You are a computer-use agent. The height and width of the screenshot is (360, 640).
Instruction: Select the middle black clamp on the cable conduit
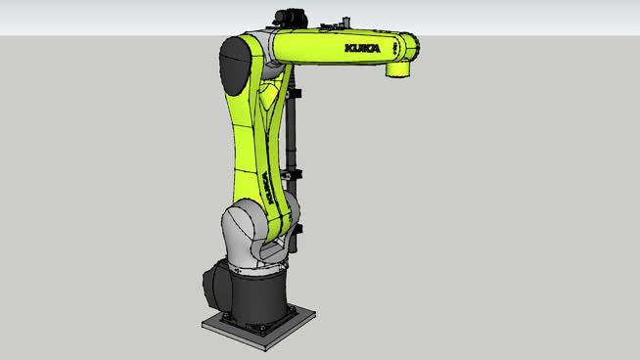(297, 173)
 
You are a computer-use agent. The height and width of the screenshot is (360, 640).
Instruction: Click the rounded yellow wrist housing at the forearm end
(405, 49)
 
